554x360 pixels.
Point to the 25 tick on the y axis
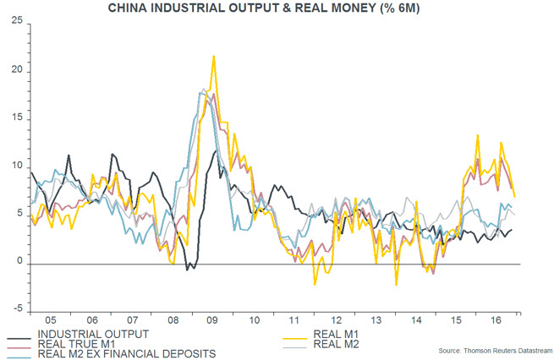[16, 23]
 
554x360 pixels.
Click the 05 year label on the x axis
[50, 321]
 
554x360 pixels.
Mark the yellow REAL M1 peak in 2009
[213, 56]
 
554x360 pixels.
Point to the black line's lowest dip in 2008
[188, 269]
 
